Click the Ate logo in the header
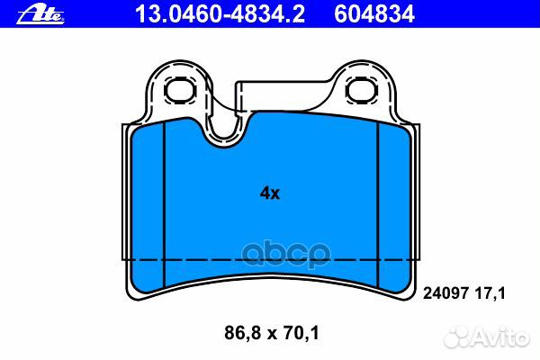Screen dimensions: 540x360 pyautogui.click(x=40, y=15)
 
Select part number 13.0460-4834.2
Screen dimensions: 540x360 pyautogui.click(x=220, y=14)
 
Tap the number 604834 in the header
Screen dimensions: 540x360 pyautogui.click(x=374, y=14)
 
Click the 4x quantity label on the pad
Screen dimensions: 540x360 pyautogui.click(x=270, y=193)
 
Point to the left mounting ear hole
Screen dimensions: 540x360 pyautogui.click(x=180, y=91)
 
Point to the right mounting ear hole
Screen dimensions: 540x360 pyautogui.click(x=361, y=90)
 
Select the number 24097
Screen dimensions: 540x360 pyautogui.click(x=445, y=293)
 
